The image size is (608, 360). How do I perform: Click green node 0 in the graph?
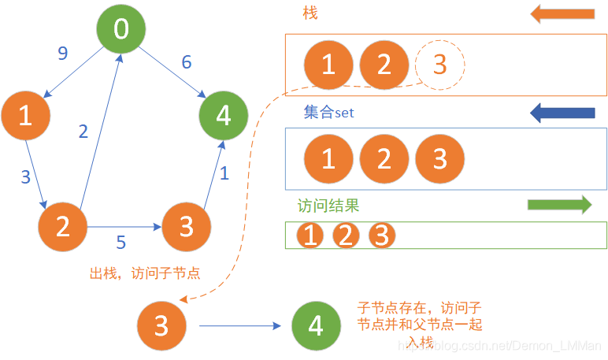pos(120,29)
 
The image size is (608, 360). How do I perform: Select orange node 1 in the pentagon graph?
pos(25,116)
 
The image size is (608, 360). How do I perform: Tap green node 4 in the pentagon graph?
pos(224,116)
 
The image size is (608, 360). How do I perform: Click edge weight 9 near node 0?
pos(63,54)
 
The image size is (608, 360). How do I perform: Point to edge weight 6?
pos(186,61)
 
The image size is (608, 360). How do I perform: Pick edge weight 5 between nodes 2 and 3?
pos(121,242)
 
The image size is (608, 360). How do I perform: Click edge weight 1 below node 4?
pos(224,173)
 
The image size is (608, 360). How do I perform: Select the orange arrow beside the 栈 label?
pos(562,13)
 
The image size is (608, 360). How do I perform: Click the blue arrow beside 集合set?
pos(562,113)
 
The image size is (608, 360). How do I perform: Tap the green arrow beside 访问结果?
pos(559,205)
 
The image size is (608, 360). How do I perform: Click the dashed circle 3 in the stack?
pos(439,64)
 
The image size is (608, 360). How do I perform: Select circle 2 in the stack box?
pos(384,64)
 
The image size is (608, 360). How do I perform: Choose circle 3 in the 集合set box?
pos(439,158)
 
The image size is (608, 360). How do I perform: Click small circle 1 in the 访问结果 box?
pos(310,236)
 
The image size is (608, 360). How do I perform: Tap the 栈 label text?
pos(310,13)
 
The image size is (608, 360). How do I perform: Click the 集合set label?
pos(328,113)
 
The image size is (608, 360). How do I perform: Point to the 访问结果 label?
pos(328,206)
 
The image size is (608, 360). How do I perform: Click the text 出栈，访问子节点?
pos(145,273)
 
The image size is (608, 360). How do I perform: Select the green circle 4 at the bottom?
pos(316,325)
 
